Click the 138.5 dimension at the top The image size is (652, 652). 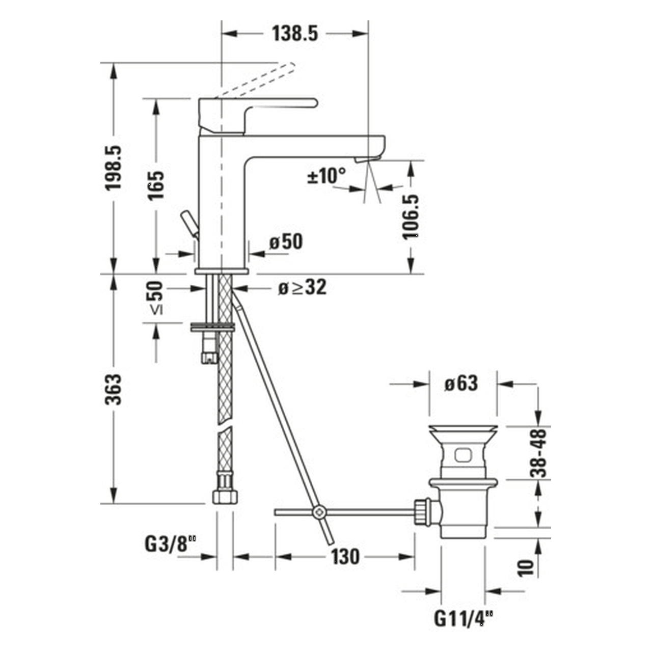295,34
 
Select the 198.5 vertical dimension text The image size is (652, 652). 113,168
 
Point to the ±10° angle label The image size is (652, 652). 327,176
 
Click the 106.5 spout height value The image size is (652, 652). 411,217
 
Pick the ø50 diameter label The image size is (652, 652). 286,242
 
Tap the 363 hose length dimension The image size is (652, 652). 113,390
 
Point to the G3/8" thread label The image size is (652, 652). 171,545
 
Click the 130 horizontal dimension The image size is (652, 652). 345,556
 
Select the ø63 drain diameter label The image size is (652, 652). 461,384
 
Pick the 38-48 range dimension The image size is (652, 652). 538,453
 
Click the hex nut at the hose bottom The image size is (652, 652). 225,497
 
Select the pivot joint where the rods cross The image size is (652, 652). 318,512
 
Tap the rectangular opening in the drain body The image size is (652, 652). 462,455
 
